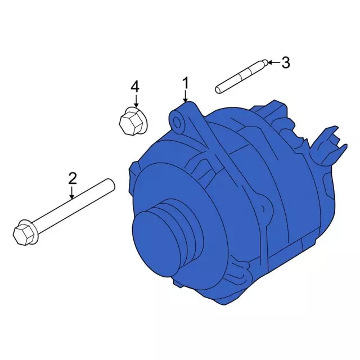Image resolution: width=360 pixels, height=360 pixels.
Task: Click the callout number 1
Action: [186, 83]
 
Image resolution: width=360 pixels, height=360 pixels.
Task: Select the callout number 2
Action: [73, 179]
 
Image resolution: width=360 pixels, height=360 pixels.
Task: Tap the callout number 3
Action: [286, 62]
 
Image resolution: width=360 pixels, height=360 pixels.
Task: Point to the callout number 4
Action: [135, 87]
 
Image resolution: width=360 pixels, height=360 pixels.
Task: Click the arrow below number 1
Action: [186, 96]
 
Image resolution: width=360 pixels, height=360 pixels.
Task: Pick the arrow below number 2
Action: [72, 193]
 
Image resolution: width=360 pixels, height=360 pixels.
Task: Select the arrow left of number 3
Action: [274, 62]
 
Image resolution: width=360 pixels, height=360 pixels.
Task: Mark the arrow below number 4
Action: [136, 101]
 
